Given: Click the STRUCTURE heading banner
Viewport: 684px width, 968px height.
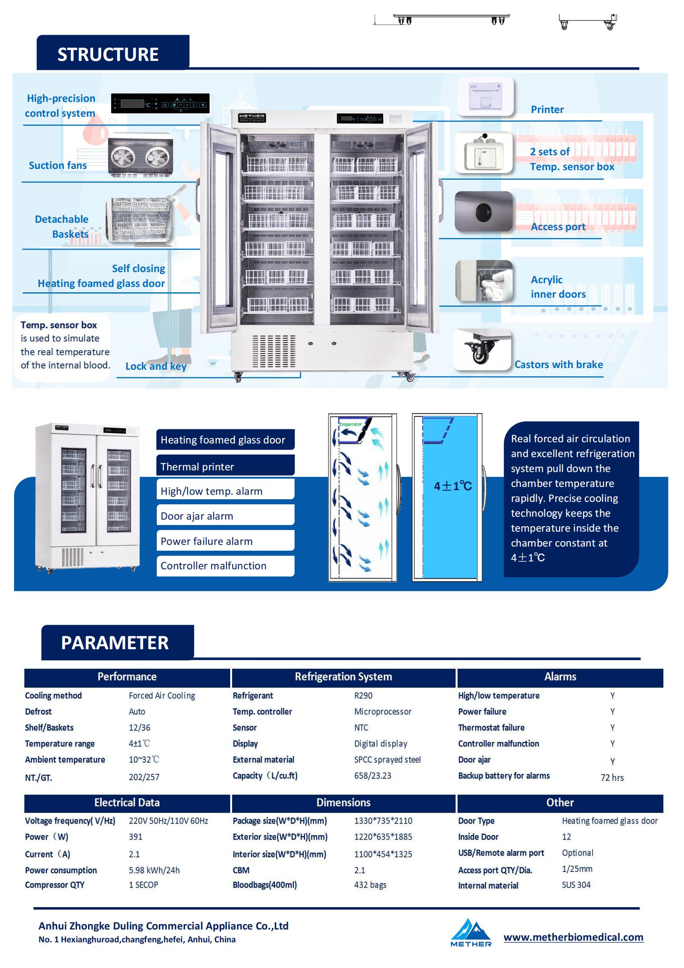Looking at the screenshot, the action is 113,52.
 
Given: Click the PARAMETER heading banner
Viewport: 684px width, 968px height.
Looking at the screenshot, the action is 118,643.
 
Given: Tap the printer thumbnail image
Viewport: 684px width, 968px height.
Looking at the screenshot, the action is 485,97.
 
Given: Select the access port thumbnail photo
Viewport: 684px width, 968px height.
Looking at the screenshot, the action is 484,211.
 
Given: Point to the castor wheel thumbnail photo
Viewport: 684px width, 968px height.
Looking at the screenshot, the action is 482,349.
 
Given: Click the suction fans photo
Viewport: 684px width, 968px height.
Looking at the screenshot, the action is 140,157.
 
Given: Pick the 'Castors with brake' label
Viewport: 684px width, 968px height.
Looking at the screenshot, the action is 558,364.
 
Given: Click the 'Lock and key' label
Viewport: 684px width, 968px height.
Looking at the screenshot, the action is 156,366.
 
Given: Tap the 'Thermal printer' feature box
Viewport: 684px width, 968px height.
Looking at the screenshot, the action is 226,466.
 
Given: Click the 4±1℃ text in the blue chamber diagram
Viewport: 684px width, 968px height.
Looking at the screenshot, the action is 453,486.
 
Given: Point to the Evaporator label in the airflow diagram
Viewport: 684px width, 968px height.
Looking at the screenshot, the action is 350,424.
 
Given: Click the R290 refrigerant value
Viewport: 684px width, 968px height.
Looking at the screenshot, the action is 363,695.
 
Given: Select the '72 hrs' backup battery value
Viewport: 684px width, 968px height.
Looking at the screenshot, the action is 612,778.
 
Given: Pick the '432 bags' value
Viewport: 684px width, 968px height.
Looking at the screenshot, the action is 370,884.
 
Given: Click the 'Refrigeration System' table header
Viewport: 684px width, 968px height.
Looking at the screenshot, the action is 343,677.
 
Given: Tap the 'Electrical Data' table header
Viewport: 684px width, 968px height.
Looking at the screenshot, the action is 127,802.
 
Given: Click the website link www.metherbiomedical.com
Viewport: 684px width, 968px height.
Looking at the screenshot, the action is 574,937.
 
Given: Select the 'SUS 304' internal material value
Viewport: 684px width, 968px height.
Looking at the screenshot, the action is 576,884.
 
